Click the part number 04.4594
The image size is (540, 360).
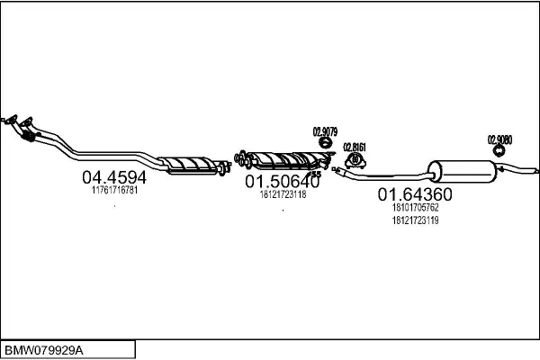[x=114, y=177]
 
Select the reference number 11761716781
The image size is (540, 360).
[x=114, y=191]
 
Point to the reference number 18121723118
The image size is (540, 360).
[x=283, y=194]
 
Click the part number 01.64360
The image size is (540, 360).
[x=414, y=194]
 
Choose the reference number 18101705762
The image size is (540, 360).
[x=414, y=208]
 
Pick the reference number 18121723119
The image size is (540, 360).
[x=414, y=220]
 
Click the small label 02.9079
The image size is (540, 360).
[x=324, y=132]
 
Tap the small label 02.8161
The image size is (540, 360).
[x=355, y=147]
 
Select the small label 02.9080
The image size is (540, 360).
[x=499, y=139]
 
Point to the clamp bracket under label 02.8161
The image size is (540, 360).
[x=355, y=161]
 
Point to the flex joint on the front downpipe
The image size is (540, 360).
[x=28, y=137]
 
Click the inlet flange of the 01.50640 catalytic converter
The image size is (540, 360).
[x=242, y=159]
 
